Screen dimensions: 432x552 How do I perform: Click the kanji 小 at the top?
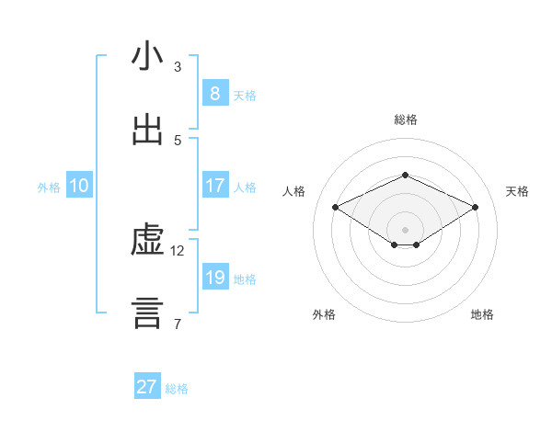(147, 57)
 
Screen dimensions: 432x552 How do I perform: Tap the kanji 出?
(147, 131)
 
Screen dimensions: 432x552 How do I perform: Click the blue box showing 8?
(214, 93)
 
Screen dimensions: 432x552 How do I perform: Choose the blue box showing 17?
(214, 186)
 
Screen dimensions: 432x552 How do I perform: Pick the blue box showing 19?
(214, 277)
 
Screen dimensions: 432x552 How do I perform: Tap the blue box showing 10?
(79, 186)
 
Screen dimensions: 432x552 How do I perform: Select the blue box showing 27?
(147, 387)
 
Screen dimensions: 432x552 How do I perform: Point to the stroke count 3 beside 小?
(178, 66)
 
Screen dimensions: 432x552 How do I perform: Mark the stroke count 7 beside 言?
(178, 324)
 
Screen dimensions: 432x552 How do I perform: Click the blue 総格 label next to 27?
(178, 389)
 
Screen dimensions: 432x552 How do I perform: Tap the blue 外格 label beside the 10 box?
(49, 188)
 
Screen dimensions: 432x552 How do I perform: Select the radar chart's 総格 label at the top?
(405, 119)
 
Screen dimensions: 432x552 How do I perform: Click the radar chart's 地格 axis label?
(482, 314)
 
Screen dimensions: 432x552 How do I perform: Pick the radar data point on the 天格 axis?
(475, 208)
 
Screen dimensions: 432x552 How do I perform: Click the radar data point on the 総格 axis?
(405, 175)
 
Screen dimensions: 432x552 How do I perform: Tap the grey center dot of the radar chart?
(405, 229)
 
